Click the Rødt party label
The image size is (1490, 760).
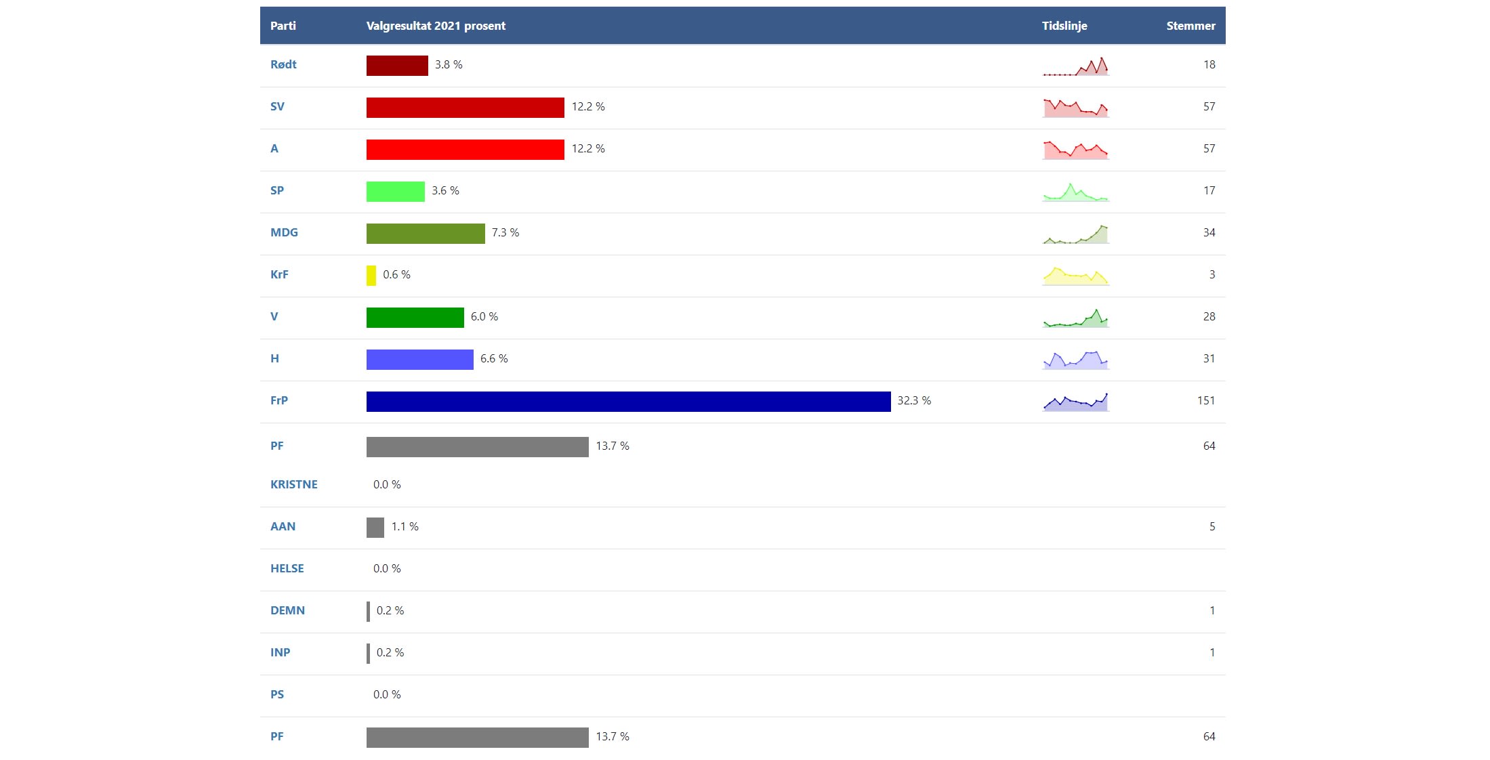[283, 64]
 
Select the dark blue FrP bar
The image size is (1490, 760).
[628, 401]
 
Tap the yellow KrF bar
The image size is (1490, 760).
[371, 275]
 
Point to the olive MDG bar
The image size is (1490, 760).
[426, 233]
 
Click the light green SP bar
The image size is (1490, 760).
[396, 191]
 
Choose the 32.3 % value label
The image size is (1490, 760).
[914, 400]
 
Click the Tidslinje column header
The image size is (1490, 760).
[1064, 26]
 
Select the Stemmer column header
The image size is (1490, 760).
[1191, 26]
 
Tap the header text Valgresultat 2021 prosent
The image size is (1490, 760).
[436, 26]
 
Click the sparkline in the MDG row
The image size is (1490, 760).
[1076, 234]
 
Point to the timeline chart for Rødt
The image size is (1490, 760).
[1076, 66]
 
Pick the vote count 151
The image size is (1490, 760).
[1205, 400]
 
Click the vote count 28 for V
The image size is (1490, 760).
[1209, 316]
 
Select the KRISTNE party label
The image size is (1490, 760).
[293, 484]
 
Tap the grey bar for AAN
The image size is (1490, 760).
[375, 527]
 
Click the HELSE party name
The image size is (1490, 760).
[287, 568]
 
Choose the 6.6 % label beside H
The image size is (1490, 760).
[494, 358]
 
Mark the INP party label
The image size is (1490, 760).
[280, 652]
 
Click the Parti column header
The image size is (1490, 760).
[283, 26]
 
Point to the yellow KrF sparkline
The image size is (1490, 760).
[1076, 276]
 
